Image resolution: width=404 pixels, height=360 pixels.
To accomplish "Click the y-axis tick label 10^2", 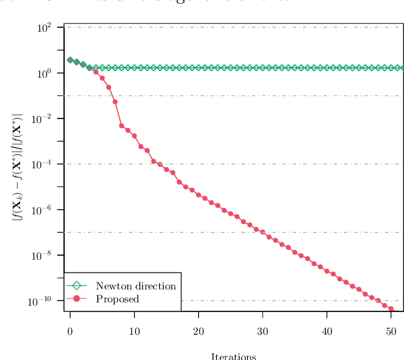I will tap(44, 28).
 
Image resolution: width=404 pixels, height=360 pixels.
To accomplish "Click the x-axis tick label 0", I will tap(70, 332).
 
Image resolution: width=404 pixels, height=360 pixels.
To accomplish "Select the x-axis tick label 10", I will tap(134, 332).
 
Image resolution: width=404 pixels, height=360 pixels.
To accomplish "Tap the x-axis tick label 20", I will tap(198, 332).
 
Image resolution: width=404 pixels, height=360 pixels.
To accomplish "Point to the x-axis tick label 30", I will tap(262, 332).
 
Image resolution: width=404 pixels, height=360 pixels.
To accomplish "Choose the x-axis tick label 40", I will tap(326, 332).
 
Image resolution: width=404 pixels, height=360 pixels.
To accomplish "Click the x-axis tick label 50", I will tap(390, 332).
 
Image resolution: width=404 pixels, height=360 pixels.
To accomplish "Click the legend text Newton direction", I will tap(135, 286).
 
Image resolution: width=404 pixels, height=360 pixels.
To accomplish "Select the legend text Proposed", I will tap(117, 299).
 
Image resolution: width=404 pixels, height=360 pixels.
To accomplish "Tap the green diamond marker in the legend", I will tap(76, 286).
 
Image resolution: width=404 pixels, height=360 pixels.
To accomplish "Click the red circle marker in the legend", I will tap(76, 298).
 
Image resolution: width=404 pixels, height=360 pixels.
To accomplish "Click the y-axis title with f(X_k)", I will tap(18, 167).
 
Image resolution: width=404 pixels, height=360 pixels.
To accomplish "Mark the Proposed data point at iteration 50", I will tap(391, 309).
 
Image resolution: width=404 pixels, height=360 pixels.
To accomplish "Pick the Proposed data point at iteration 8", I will tap(122, 126).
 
